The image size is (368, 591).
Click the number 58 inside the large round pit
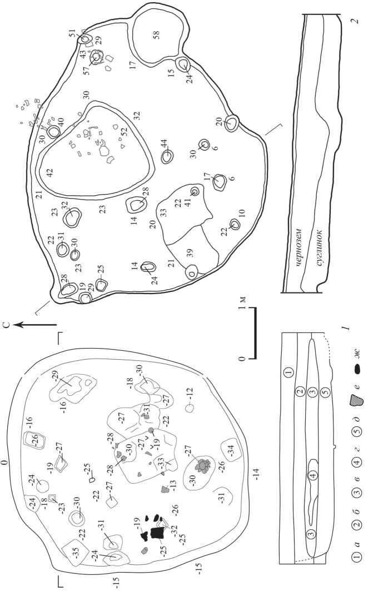(156, 35)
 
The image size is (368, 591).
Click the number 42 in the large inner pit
(49, 172)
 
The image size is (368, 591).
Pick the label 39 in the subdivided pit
(190, 252)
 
